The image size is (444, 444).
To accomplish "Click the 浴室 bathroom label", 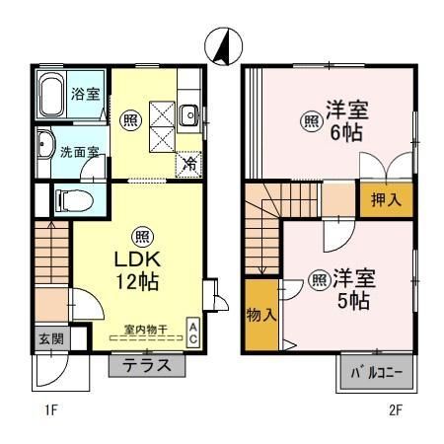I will coord(86,95).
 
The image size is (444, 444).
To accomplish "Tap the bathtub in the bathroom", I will coord(52,96).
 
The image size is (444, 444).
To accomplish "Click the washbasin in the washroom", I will coord(45,147).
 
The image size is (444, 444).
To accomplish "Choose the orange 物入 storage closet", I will coord(260,315).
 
